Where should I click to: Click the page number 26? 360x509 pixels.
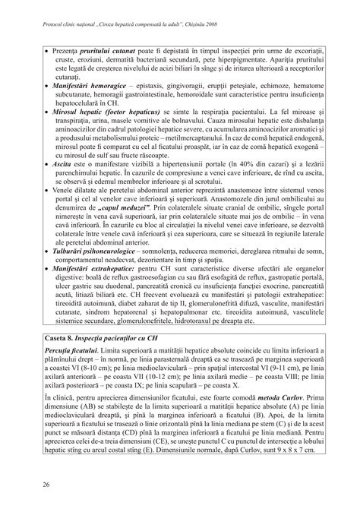point(26,482)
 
